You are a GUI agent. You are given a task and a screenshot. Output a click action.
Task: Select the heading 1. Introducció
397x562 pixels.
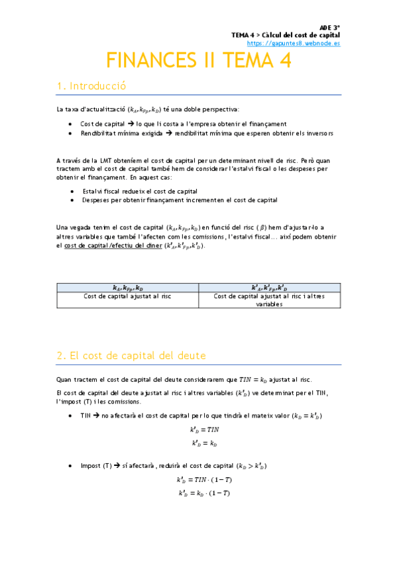(91, 86)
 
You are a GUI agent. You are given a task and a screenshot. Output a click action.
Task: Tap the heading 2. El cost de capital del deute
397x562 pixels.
(131, 356)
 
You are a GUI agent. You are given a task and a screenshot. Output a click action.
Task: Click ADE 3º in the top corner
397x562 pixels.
(329, 27)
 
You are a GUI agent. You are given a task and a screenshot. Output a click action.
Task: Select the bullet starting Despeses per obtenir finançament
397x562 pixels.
(179, 199)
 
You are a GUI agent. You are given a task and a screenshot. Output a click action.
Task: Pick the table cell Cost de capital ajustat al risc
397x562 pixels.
(127, 296)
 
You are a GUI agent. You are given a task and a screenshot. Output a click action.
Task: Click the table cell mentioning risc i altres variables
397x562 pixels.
(269, 300)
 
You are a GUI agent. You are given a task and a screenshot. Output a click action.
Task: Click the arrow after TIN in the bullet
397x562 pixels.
(96, 416)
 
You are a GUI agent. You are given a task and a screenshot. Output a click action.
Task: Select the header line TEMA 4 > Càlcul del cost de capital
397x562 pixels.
(285, 34)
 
